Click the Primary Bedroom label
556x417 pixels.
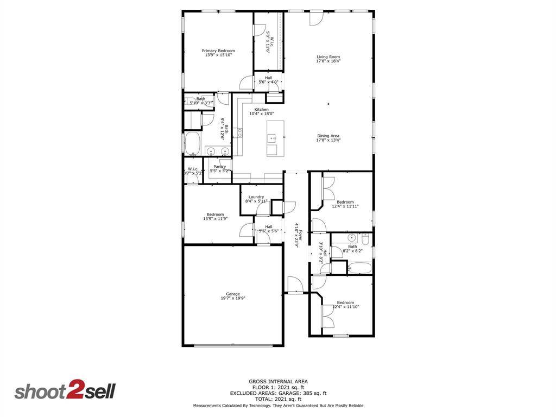click(x=218, y=50)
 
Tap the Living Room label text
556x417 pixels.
click(x=328, y=56)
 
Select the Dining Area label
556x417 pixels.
click(x=328, y=136)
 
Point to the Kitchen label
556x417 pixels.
click(x=261, y=109)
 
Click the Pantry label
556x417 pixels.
click(x=219, y=167)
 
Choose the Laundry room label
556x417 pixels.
click(x=256, y=197)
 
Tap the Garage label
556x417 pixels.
click(x=233, y=294)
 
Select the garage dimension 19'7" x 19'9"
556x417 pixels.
click(x=233, y=298)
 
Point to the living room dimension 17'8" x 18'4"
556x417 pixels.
click(x=328, y=61)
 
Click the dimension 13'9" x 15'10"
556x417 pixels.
click(x=218, y=55)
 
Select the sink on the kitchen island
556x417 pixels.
click(x=272, y=138)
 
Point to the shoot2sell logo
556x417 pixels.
click(x=65, y=391)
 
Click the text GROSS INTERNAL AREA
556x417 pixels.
click(x=278, y=382)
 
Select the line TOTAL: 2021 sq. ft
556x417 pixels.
click(x=278, y=399)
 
